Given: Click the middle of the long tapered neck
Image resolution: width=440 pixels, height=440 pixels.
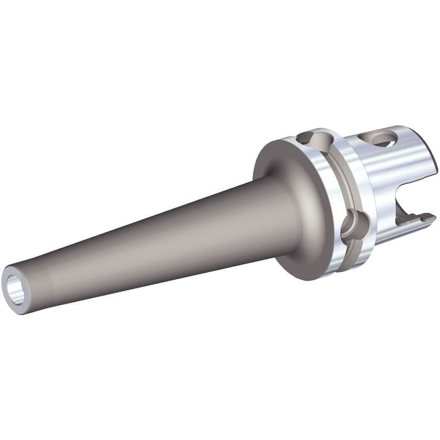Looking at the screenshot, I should pyautogui.click(x=155, y=242).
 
